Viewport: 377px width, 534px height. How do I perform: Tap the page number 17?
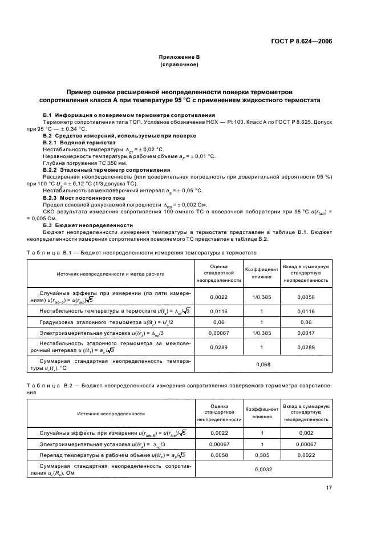[329, 487]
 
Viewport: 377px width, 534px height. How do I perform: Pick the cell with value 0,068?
[263, 363]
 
